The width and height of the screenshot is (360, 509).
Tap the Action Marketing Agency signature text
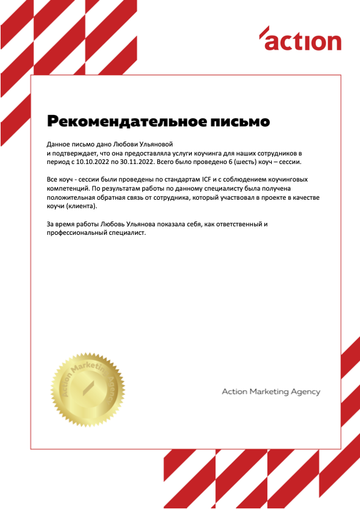point(270,392)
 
